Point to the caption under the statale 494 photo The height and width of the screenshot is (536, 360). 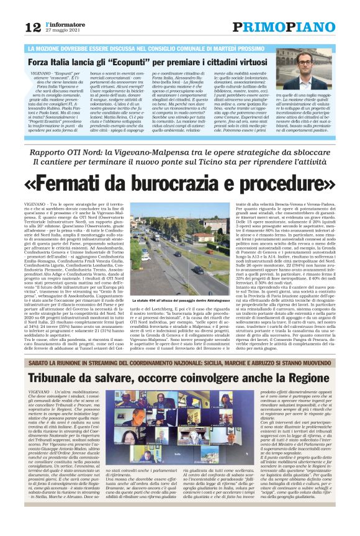(179, 300)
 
